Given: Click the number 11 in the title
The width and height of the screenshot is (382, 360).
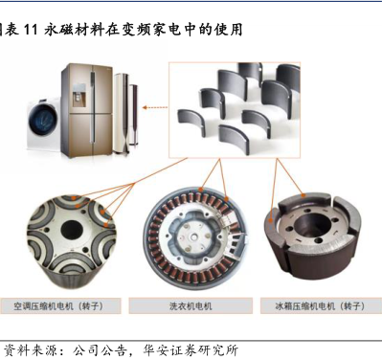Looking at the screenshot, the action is (31, 30).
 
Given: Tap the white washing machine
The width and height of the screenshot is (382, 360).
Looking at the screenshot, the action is (44, 124).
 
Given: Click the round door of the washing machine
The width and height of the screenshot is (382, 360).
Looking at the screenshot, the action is (43, 119).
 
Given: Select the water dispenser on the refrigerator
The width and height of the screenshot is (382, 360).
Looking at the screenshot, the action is (79, 95).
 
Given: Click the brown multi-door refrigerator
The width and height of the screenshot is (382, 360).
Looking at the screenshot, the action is (87, 110).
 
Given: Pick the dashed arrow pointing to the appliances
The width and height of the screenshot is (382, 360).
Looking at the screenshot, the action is (155, 107).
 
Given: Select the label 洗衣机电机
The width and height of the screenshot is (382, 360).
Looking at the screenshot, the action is (191, 306).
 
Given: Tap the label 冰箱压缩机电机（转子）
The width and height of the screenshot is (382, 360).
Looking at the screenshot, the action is (320, 306).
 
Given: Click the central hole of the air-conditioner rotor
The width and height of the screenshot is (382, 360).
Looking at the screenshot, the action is (72, 231).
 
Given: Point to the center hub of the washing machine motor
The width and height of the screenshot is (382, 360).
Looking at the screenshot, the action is (194, 237).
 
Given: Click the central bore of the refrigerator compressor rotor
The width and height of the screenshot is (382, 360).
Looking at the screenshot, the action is (310, 225).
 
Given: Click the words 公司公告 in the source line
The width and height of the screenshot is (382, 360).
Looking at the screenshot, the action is (99, 350).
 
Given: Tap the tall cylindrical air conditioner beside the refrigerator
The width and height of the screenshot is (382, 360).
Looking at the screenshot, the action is (122, 112).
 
